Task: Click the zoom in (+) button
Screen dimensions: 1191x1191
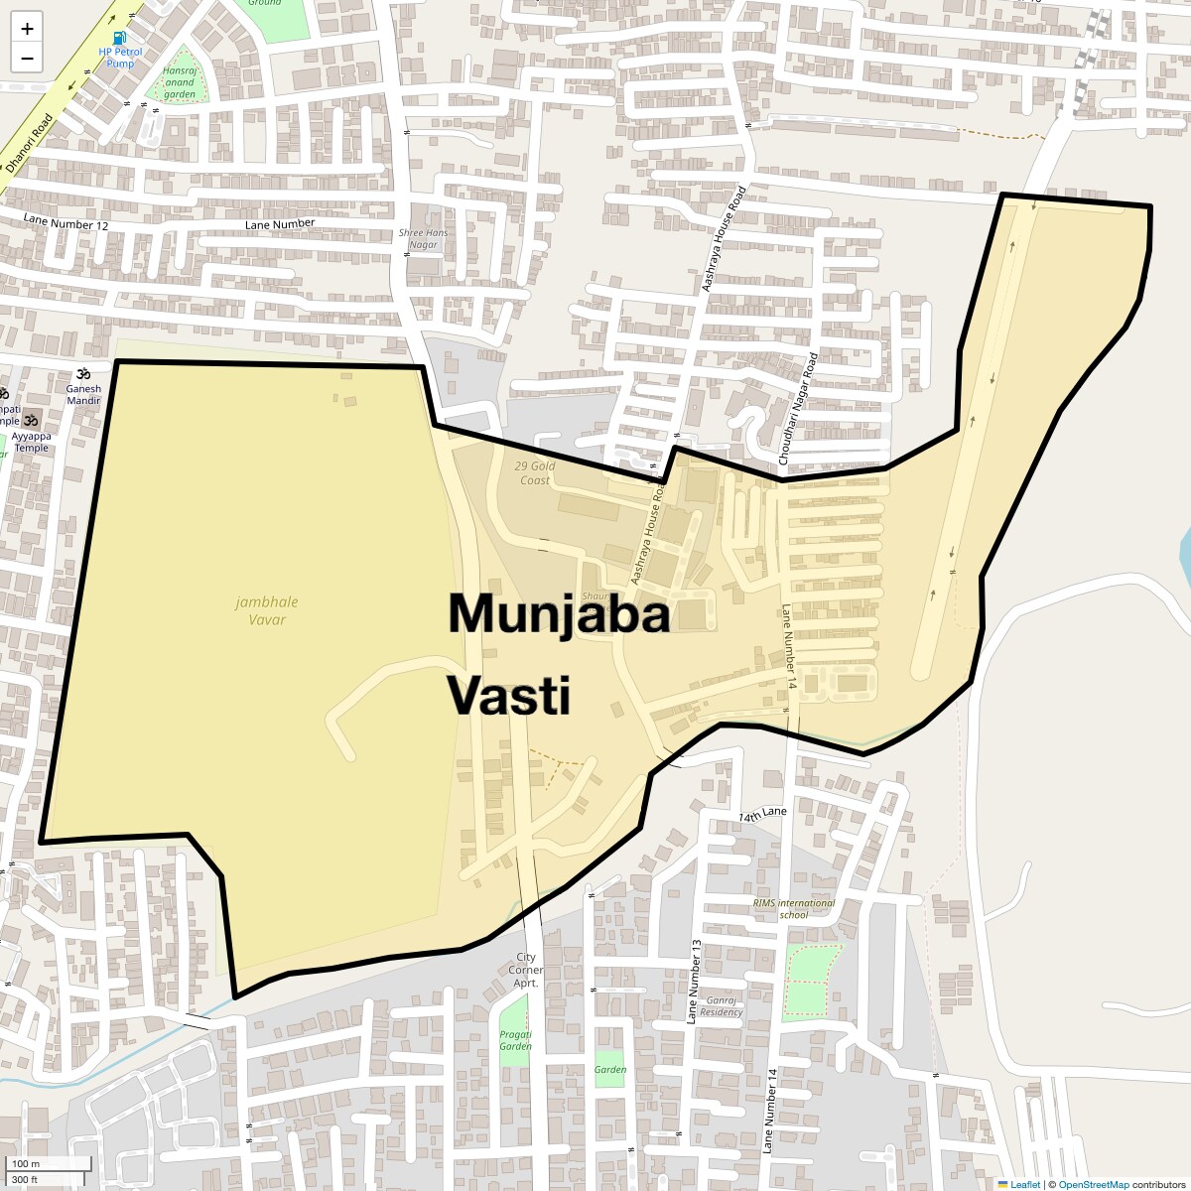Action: [x=27, y=29]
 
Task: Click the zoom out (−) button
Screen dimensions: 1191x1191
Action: [x=27, y=58]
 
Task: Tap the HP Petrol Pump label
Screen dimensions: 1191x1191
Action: [x=120, y=58]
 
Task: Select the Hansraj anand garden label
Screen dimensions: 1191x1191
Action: [x=180, y=82]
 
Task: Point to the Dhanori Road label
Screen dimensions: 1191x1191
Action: [x=30, y=144]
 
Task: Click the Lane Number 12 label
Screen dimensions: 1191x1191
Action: [x=66, y=223]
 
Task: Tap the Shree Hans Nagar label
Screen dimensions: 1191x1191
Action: [x=423, y=238]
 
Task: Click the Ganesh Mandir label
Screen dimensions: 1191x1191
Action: [x=83, y=394]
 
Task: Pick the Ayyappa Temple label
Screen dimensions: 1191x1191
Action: [x=32, y=442]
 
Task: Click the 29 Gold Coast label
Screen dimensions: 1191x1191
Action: [x=535, y=472]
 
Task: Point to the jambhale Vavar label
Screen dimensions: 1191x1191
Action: [x=267, y=610]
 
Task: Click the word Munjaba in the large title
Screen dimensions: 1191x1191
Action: [x=559, y=613]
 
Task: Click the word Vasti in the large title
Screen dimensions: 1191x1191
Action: [x=509, y=695]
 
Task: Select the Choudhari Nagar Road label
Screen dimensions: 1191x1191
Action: [x=797, y=409]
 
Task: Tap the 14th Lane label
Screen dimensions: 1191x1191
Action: [x=762, y=814]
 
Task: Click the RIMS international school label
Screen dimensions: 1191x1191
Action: [x=794, y=908]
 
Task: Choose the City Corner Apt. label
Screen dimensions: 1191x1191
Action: [x=526, y=970]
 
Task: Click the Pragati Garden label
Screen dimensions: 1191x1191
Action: [x=516, y=1040]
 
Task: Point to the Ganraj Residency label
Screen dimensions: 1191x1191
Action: [x=721, y=1006]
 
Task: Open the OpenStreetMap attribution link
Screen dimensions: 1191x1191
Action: [x=1093, y=1184]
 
